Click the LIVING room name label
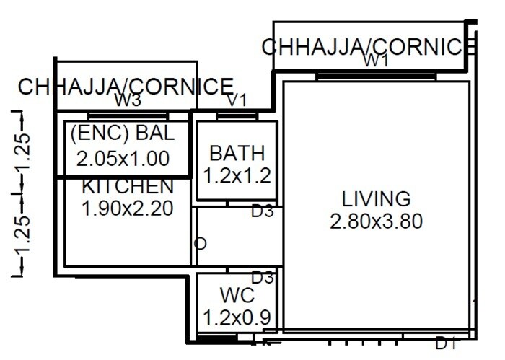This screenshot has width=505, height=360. pyautogui.click(x=376, y=199)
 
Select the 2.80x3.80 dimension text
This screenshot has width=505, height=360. pyautogui.click(x=376, y=221)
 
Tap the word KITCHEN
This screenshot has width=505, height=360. pyautogui.click(x=128, y=186)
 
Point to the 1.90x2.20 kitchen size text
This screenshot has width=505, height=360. pyautogui.click(x=128, y=209)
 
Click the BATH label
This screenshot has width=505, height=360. pyautogui.click(x=237, y=153)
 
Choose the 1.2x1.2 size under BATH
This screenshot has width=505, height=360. pyautogui.click(x=237, y=175)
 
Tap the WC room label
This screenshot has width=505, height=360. pyautogui.click(x=237, y=296)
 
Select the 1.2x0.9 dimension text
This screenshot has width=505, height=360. pyautogui.click(x=237, y=317)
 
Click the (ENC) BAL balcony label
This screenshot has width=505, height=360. pyautogui.click(x=122, y=134)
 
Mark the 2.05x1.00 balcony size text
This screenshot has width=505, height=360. pyautogui.click(x=122, y=158)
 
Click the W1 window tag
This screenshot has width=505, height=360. pyautogui.click(x=376, y=62)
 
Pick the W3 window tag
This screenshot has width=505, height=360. pyautogui.click(x=128, y=100)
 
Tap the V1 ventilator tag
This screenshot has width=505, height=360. pyautogui.click(x=237, y=100)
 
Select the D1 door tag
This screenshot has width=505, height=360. pyautogui.click(x=446, y=344)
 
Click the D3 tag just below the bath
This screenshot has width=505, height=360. pyautogui.click(x=261, y=212)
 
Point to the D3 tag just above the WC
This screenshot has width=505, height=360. pyautogui.click(x=261, y=278)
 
